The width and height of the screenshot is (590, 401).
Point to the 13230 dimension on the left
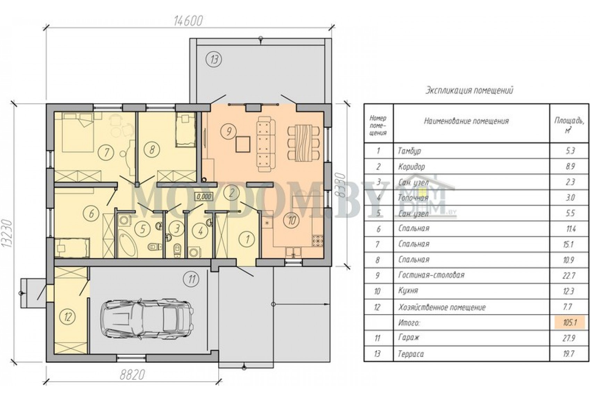pyautogui.click(x=7, y=233)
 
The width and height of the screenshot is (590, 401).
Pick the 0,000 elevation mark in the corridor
pyautogui.click(x=204, y=196)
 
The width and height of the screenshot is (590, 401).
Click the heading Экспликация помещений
pyautogui.click(x=469, y=91)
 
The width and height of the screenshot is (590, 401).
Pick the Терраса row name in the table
pyautogui.click(x=411, y=353)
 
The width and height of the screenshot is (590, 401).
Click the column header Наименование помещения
pyautogui.click(x=466, y=121)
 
